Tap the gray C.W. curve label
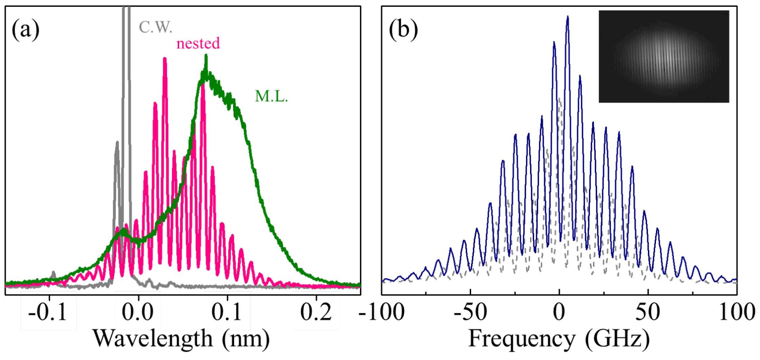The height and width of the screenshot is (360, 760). pyautogui.click(x=155, y=27)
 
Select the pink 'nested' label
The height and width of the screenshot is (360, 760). pyautogui.click(x=198, y=43)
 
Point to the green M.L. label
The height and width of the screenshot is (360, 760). pyautogui.click(x=271, y=97)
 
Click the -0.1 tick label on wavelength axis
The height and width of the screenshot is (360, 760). pyautogui.click(x=48, y=312)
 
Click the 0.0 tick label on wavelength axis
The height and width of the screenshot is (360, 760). pyautogui.click(x=138, y=312)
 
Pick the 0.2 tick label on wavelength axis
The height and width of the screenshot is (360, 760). pyautogui.click(x=316, y=312)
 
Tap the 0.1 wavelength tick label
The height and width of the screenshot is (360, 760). pyautogui.click(x=226, y=312)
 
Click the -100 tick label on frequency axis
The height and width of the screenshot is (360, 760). pyautogui.click(x=382, y=312)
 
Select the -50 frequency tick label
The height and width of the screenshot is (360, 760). pyautogui.click(x=470, y=312)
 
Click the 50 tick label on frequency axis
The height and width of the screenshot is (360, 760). pyautogui.click(x=648, y=312)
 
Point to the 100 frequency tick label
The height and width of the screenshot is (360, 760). pyautogui.click(x=737, y=312)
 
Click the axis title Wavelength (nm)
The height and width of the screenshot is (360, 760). pyautogui.click(x=182, y=339)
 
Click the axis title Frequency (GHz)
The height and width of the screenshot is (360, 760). pyautogui.click(x=559, y=339)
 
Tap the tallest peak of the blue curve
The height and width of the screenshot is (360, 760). pyautogui.click(x=568, y=17)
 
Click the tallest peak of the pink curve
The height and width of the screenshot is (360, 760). pyautogui.click(x=165, y=59)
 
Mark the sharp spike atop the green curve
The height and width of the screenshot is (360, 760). pyautogui.click(x=206, y=56)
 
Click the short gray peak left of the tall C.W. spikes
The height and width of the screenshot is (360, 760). pyautogui.click(x=117, y=143)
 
